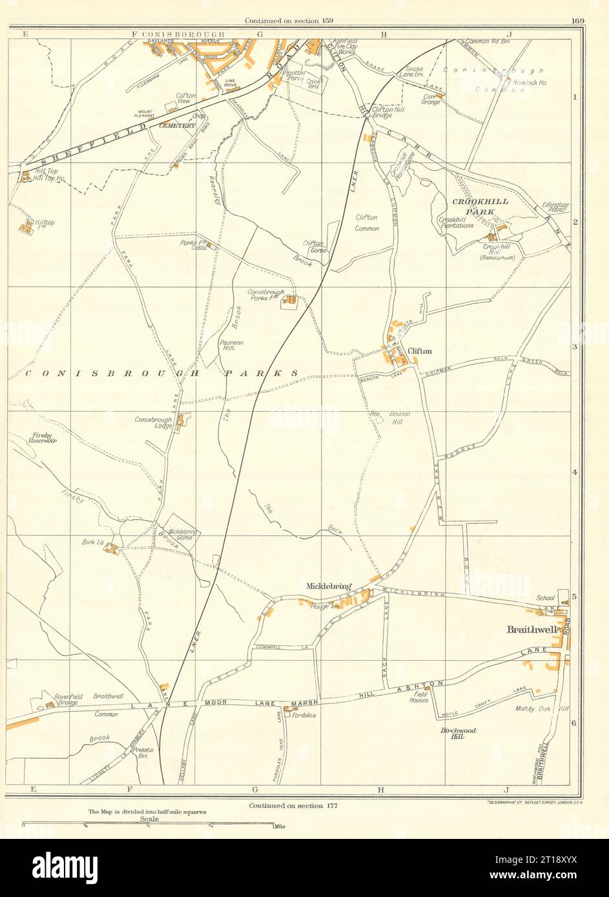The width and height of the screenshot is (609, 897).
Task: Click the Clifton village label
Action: point(420,351)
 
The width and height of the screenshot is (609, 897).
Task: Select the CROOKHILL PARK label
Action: point(480,206)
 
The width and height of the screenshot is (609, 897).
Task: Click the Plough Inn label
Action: point(321,607)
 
